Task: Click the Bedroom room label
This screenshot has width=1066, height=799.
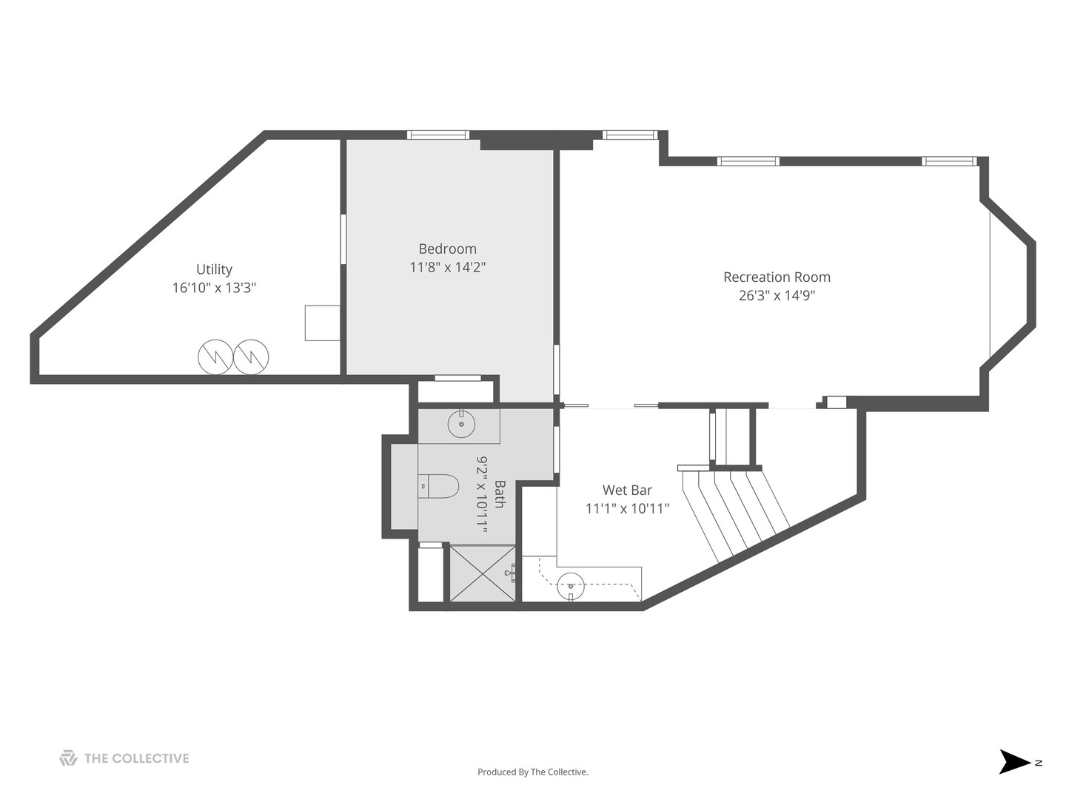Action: (x=447, y=249)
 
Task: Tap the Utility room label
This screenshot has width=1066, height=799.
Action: (x=214, y=269)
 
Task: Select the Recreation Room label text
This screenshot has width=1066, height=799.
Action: (x=777, y=277)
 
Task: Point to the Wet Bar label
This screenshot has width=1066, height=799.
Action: (x=627, y=490)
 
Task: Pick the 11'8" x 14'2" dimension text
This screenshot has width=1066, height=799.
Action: (x=447, y=267)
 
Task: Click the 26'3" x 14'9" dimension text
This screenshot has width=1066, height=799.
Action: (x=777, y=295)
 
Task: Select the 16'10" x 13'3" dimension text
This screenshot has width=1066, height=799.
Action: (x=214, y=288)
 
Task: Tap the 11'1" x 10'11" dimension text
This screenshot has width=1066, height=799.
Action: (x=627, y=508)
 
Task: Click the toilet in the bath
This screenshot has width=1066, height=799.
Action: (x=438, y=486)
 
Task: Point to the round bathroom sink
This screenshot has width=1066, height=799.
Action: (x=461, y=424)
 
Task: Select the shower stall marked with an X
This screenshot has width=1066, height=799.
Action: (x=483, y=573)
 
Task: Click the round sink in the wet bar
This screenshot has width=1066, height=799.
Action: (x=570, y=587)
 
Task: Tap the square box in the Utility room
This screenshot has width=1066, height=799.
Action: (x=322, y=323)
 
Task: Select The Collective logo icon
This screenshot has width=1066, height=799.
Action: (x=68, y=758)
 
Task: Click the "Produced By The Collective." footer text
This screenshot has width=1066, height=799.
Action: (x=533, y=772)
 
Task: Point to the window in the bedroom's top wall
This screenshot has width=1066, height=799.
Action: (x=438, y=135)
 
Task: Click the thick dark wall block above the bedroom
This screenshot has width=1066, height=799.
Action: (x=536, y=144)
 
